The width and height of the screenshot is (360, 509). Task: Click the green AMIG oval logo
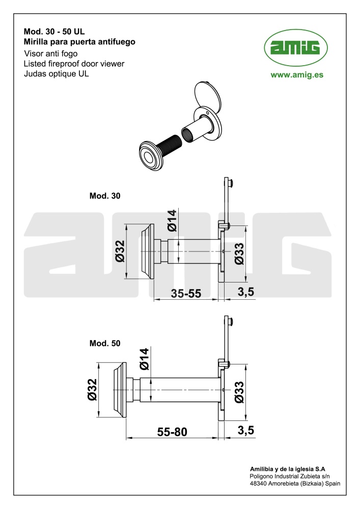click(296, 48)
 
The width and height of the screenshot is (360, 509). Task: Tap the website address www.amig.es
click(297, 75)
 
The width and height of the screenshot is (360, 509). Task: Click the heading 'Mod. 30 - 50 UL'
click(54, 32)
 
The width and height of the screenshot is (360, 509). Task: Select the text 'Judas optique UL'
click(56, 74)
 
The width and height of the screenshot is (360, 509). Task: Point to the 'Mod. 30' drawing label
click(105, 196)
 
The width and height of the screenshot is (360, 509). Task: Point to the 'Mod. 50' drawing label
click(105, 343)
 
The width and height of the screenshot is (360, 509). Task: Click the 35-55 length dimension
click(186, 294)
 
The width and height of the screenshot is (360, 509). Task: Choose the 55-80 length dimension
click(172, 432)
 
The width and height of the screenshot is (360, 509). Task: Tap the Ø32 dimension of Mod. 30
click(120, 251)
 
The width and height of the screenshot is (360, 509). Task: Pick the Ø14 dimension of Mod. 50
click(144, 359)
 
